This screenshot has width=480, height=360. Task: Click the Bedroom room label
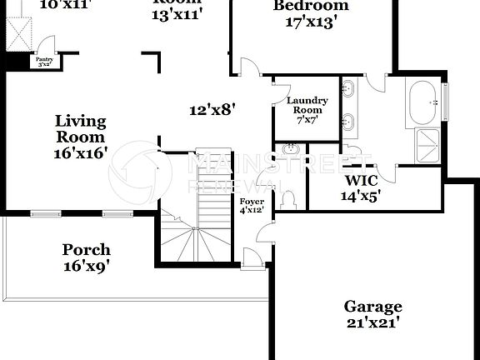311,7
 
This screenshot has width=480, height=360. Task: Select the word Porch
86,250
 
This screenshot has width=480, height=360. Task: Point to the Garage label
373,307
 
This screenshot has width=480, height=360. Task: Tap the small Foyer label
251,202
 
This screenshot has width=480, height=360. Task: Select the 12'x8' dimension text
212,109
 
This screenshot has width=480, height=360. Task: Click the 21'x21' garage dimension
373,323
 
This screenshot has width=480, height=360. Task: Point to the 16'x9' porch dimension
86,267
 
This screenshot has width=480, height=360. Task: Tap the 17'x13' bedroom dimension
310,22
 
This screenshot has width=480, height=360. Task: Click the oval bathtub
424,103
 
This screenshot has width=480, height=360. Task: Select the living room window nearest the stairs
118,213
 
